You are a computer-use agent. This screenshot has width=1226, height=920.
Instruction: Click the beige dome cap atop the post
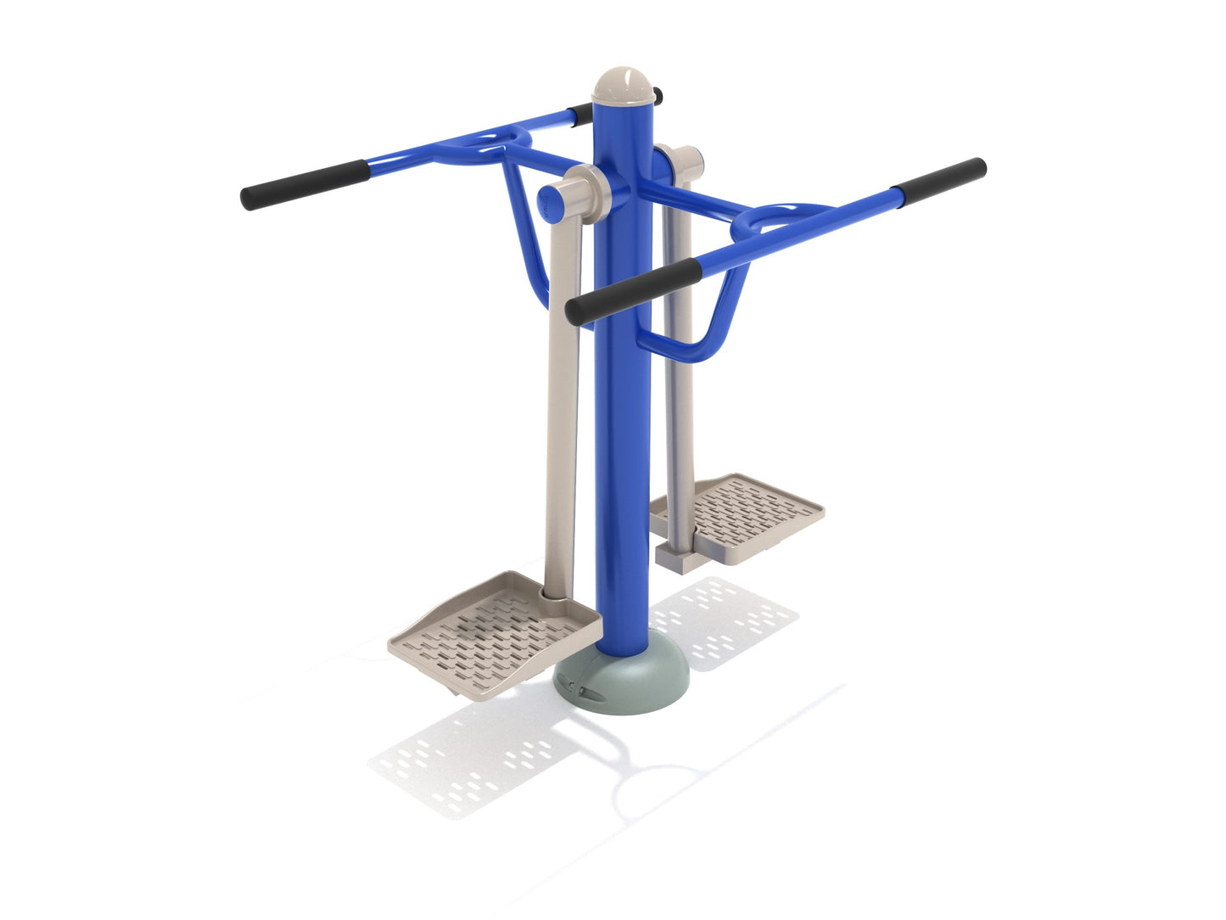point(626,85)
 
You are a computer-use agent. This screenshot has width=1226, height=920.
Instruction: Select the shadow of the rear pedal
point(721,620)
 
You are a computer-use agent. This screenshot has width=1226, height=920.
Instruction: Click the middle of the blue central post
point(624,382)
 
